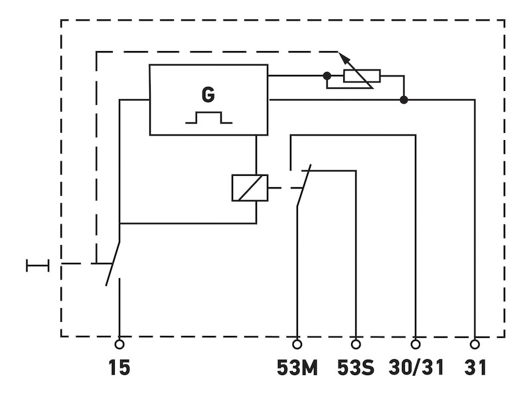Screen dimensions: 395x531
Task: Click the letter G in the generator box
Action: pos(208,95)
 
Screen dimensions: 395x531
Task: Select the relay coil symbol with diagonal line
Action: pos(250,188)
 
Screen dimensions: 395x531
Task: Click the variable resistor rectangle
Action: pos(361,77)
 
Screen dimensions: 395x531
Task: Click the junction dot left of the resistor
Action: pos(327,76)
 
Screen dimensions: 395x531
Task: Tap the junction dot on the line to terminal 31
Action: pos(404,100)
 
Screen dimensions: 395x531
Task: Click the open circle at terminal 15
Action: pos(119,344)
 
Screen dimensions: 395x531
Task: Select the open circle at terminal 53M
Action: pos(297,344)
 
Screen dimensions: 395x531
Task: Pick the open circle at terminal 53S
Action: pos(356,344)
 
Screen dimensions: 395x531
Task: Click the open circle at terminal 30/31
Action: pos(416,344)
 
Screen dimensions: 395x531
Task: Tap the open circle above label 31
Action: pos(475,344)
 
